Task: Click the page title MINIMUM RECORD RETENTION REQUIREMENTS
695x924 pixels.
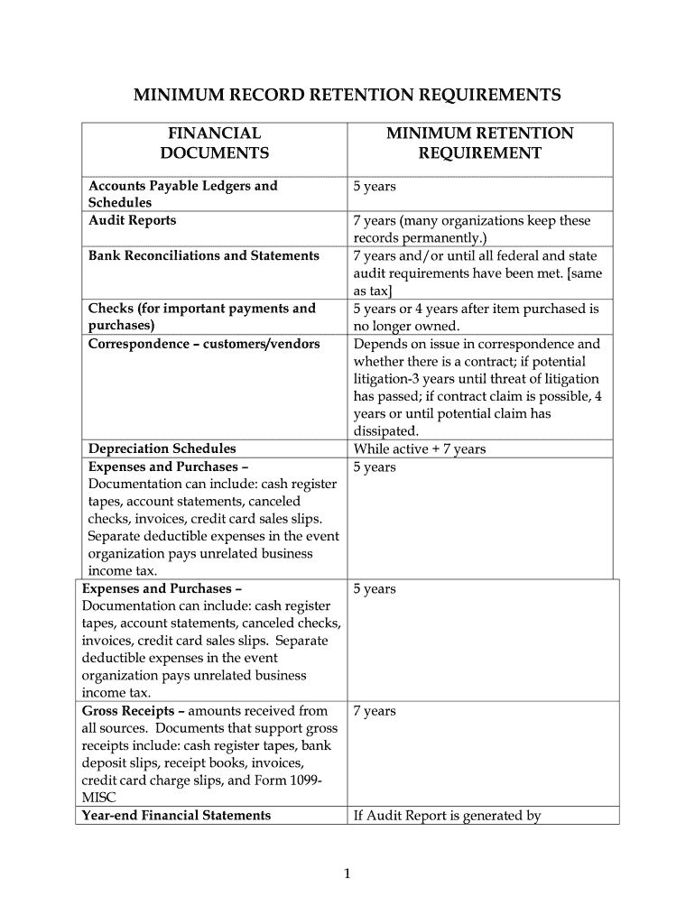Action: (x=347, y=95)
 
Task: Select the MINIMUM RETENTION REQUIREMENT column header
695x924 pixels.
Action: (x=479, y=143)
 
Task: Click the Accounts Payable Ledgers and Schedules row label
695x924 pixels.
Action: (x=182, y=194)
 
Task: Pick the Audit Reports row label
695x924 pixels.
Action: (x=132, y=220)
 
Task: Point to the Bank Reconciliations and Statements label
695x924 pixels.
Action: (x=203, y=255)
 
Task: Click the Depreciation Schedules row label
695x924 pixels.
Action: (x=162, y=448)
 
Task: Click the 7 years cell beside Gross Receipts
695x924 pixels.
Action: (x=375, y=711)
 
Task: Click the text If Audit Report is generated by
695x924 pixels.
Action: (x=447, y=816)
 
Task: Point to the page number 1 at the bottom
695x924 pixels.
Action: (x=347, y=873)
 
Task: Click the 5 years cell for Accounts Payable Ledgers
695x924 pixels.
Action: (x=375, y=186)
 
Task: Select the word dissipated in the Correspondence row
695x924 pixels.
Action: (x=385, y=431)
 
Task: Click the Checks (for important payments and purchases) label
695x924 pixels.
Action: (x=201, y=317)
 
